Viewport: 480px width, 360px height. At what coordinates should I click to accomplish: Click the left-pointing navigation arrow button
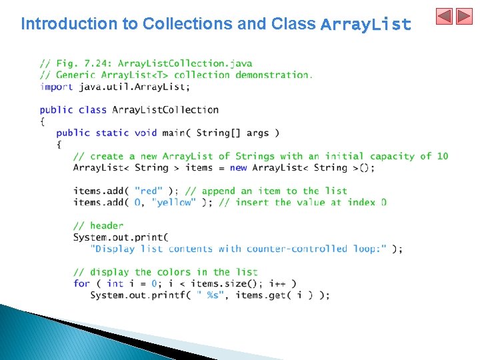coord(445,17)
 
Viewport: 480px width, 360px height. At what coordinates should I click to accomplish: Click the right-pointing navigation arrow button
coord(463,17)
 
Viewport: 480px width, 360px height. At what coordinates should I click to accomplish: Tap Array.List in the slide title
coord(365,25)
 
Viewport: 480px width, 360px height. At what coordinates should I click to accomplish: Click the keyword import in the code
coord(56,87)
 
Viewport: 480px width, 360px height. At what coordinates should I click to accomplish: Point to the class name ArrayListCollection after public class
coord(165,109)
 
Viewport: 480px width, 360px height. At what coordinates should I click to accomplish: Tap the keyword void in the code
coord(145,133)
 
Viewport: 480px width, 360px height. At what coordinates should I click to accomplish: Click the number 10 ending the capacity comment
coord(443,156)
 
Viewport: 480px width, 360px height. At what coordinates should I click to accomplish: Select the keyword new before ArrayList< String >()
coord(238,167)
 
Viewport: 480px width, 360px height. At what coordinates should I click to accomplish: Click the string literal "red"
coord(148,191)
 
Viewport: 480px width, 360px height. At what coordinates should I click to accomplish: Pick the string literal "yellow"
coord(174,202)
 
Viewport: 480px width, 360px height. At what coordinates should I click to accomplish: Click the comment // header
coord(98,225)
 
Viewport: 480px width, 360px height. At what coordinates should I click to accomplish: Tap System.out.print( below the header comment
coord(121,237)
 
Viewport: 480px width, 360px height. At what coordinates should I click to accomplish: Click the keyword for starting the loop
coord(81,283)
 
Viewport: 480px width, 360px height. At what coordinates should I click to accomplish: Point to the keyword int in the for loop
coord(115,283)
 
